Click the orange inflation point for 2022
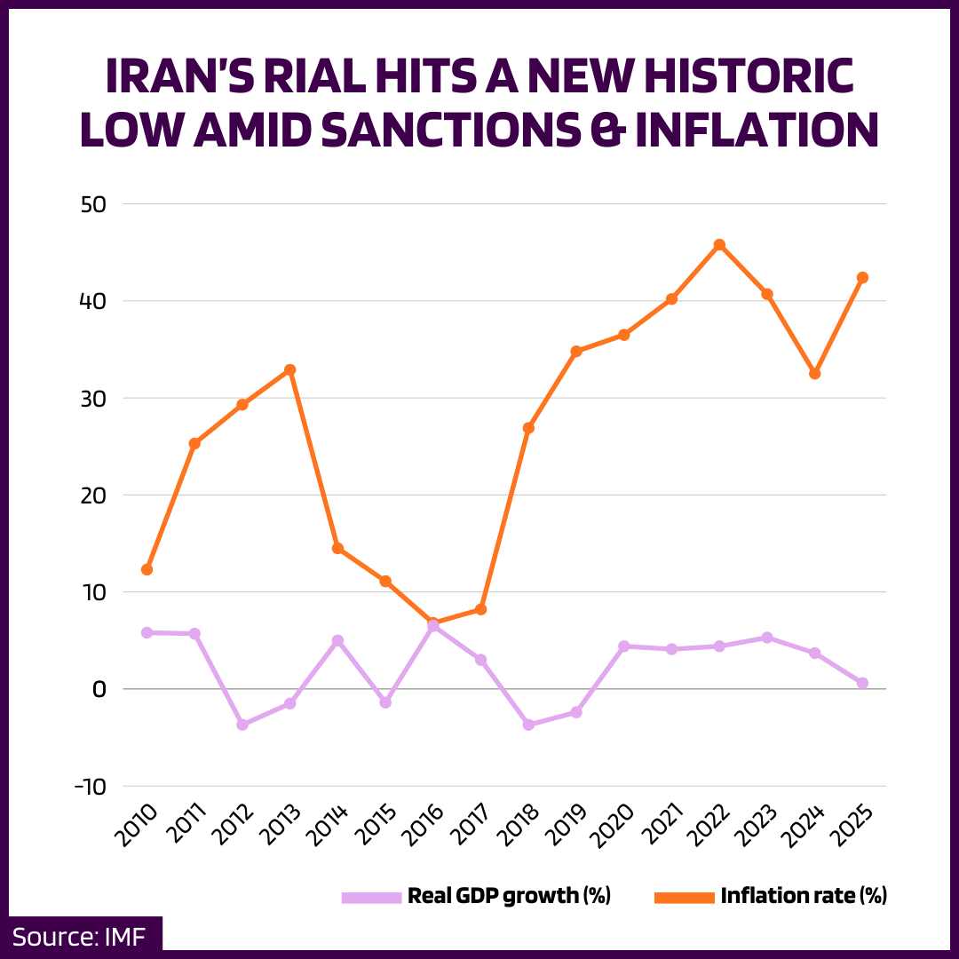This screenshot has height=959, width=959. (719, 244)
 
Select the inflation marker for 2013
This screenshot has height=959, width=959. (289, 369)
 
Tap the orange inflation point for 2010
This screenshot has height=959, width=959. (147, 569)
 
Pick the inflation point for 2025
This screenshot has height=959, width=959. (862, 277)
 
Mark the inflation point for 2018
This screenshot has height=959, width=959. (528, 428)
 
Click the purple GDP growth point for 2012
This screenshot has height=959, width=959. (242, 725)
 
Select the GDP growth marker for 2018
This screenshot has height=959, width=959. (528, 725)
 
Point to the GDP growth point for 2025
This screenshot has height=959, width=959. (862, 683)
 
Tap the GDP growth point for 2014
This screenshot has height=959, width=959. (337, 640)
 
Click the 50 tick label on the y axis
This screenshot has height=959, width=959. (93, 204)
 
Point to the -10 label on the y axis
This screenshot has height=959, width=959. (88, 787)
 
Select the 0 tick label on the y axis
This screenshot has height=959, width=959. (99, 689)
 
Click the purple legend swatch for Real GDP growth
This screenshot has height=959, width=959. (371, 897)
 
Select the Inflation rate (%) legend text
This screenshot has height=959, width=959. (804, 896)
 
